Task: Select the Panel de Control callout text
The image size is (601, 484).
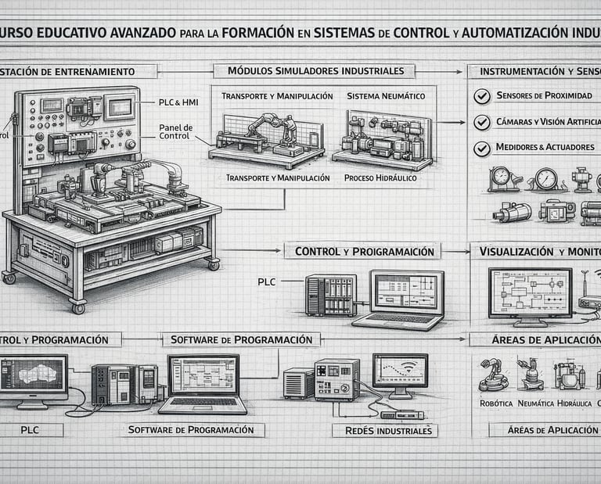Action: (176, 131)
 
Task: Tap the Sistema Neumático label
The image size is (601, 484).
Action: (385, 95)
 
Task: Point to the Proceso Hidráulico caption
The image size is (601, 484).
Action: (380, 178)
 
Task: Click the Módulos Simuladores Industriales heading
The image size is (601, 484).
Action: (321, 71)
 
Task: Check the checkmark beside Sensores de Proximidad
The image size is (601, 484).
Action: (482, 95)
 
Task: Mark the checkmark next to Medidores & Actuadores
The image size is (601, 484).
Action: (482, 147)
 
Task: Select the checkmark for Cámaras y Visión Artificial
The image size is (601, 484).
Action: (482, 122)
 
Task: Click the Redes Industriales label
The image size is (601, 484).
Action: (384, 431)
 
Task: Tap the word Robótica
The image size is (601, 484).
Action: (495, 403)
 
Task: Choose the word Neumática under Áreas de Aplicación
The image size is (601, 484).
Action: (534, 403)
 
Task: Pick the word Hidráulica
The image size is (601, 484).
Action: (574, 403)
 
